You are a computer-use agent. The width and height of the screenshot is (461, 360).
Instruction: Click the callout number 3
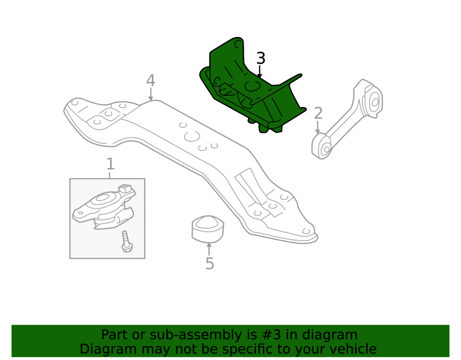pos(261,58)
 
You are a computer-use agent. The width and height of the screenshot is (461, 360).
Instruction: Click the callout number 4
pos(151,80)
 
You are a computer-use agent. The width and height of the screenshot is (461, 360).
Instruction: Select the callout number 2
pos(318,113)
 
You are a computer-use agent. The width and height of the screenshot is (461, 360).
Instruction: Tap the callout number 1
pos(110,164)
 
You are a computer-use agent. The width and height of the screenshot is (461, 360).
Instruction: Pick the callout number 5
pos(210,264)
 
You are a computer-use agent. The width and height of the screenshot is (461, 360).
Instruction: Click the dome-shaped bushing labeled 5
pos(208,229)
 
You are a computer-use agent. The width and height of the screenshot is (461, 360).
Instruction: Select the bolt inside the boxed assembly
pos(127,242)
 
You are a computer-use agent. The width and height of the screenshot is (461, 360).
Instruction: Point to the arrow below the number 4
pos(151,94)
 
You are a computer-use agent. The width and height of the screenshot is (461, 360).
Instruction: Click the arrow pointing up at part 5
pos(209,249)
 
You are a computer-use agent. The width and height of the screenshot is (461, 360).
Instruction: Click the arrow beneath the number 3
pos(259,72)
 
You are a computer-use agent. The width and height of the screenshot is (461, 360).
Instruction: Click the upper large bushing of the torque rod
pos(373,102)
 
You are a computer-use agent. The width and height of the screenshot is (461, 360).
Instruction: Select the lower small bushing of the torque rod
pos(323,147)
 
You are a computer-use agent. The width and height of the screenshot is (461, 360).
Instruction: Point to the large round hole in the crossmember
pos(192,136)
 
